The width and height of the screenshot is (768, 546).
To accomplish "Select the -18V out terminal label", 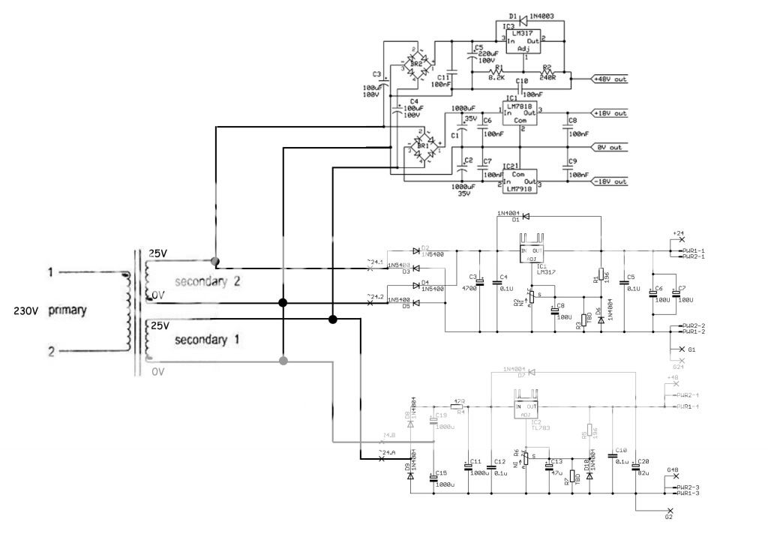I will (610, 181).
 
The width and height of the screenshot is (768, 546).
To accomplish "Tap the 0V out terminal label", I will (610, 148).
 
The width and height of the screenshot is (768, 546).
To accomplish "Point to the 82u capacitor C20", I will (635, 466).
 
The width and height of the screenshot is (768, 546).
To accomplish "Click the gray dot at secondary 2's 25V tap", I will (215, 262).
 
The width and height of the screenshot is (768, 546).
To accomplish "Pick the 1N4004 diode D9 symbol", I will (410, 473).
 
